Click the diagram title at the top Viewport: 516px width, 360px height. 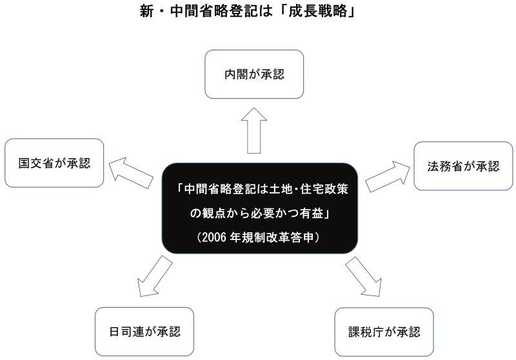pyautogui.click(x=248, y=11)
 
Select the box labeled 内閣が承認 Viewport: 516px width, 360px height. pyautogui.click(x=254, y=74)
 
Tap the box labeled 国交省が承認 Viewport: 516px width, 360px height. pyautogui.click(x=54, y=163)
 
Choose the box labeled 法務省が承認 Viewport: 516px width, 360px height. pyautogui.click(x=463, y=166)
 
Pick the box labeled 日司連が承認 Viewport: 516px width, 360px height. pyautogui.click(x=144, y=332)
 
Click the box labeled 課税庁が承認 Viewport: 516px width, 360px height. pyautogui.click(x=384, y=332)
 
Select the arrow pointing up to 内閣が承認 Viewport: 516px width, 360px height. pyautogui.click(x=253, y=130)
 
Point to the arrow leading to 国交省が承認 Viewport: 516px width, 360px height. pyautogui.click(x=131, y=172)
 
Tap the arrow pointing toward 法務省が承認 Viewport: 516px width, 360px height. pyautogui.click(x=388, y=176)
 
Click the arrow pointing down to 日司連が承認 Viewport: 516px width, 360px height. pyautogui.click(x=155, y=276)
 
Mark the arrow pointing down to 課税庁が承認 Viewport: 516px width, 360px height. pyautogui.click(x=364, y=276)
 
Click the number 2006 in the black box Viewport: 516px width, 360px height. pyautogui.click(x=214, y=237)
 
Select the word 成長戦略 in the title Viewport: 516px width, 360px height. pyautogui.click(x=317, y=11)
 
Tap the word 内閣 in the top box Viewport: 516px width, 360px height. pyautogui.click(x=235, y=74)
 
